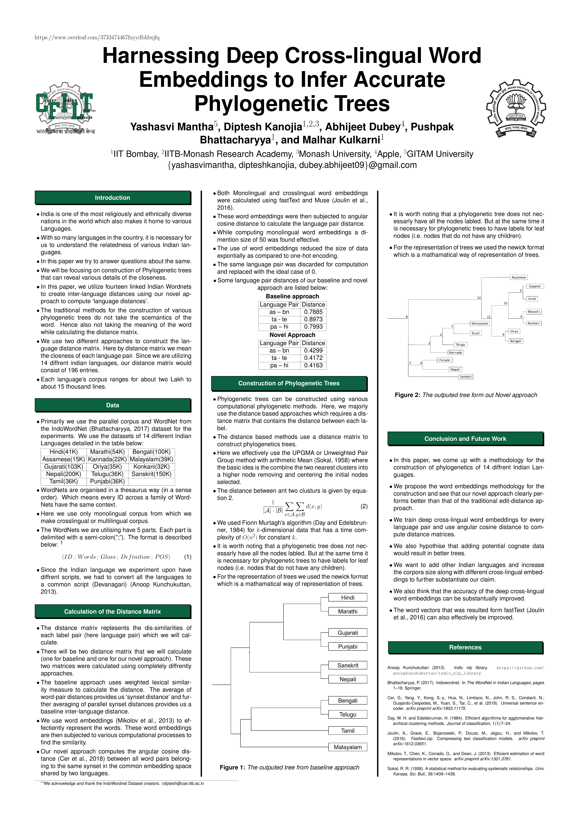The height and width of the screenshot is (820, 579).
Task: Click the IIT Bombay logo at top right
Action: [x=516, y=109]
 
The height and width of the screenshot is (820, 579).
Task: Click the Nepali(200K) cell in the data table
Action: [x=64, y=474]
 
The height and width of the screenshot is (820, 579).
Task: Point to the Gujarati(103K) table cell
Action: [x=64, y=466]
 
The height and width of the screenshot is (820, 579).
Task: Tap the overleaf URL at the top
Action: [x=97, y=38]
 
